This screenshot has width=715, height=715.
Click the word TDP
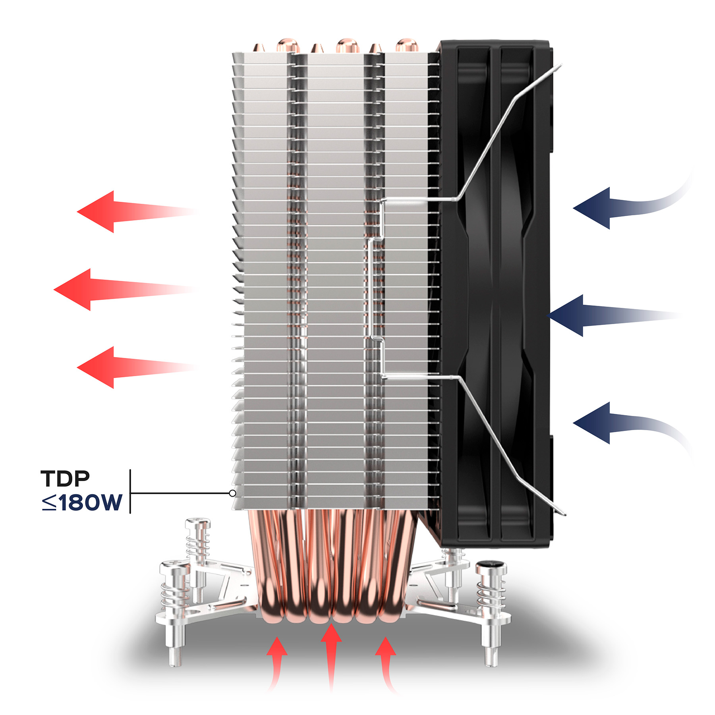pyautogui.click(x=65, y=479)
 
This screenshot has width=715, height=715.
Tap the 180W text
pyautogui.click(x=90, y=502)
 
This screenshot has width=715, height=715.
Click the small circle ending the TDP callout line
pyautogui.click(x=233, y=493)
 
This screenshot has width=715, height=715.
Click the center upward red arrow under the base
pyautogui.click(x=331, y=657)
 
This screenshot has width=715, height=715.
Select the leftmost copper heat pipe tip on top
pyautogui.click(x=259, y=47)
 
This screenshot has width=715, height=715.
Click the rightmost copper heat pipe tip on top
pyautogui.click(x=406, y=45)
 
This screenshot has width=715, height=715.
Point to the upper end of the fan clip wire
pyautogui.click(x=561, y=64)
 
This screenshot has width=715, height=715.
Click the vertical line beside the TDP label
pyautogui.click(x=130, y=491)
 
